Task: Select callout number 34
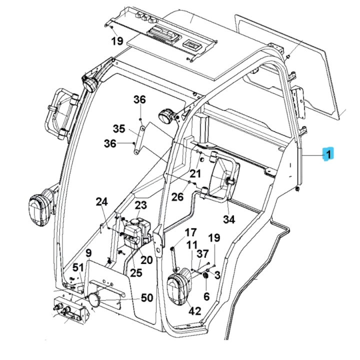coord(228,219)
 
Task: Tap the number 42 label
coord(194,311)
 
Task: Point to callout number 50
coord(146,298)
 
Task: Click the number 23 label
coord(140,205)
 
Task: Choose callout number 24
coord(101,202)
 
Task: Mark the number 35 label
coord(118,129)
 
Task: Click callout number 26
coord(177,197)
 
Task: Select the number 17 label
coord(191,232)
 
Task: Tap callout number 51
coord(78,268)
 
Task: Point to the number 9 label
coord(88,253)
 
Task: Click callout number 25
coord(136,273)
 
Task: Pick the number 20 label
coord(146,260)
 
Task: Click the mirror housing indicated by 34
coord(224,178)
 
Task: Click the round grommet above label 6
coord(205,278)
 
